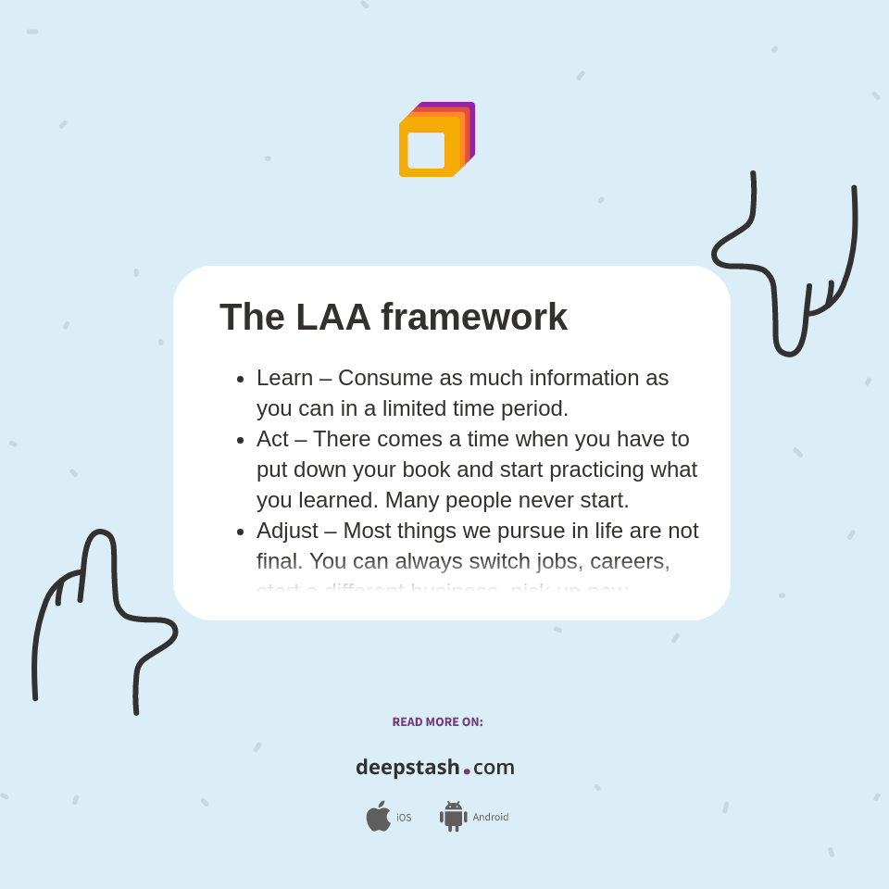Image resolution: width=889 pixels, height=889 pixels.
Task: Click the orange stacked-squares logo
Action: coord(436,140)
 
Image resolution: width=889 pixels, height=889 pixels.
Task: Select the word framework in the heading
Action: coord(474,318)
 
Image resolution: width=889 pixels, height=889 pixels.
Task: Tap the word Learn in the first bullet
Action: coord(284,378)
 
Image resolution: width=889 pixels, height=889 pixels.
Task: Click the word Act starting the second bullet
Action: coord(272,439)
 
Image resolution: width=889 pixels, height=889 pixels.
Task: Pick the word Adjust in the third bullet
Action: coord(287,531)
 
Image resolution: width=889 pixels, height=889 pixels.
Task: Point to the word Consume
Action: coord(381,378)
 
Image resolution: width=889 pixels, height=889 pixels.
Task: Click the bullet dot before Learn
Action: coord(241,379)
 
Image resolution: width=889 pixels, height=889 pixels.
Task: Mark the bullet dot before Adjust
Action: coord(241,532)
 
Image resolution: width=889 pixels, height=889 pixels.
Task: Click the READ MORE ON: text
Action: coord(437,722)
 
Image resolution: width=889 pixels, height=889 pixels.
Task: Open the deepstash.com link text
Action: coord(434,768)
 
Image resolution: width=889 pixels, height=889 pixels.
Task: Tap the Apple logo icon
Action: coord(378,816)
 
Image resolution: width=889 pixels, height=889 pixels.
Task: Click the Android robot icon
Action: coord(453,816)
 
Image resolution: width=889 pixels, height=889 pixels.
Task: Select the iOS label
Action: coord(404,818)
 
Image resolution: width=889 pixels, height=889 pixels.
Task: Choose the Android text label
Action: coord(490,818)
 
